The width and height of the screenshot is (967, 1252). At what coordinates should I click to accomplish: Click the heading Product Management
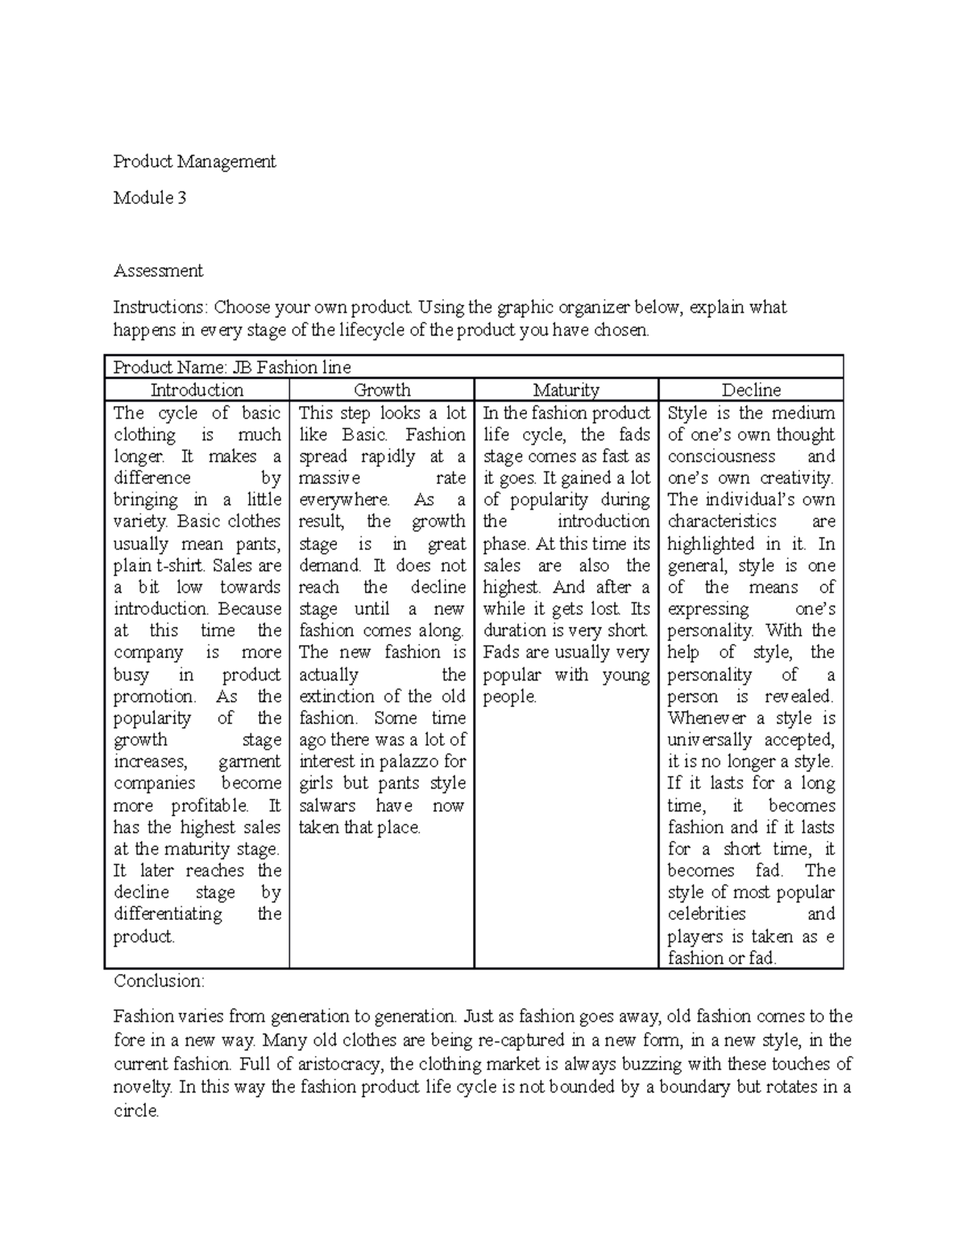pyautogui.click(x=194, y=162)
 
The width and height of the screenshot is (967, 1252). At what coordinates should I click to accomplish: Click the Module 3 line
pyautogui.click(x=150, y=198)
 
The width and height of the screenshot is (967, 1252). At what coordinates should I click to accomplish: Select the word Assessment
pyautogui.click(x=158, y=271)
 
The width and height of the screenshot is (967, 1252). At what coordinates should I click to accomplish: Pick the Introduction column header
pyautogui.click(x=197, y=390)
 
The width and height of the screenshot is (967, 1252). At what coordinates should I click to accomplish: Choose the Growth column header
pyautogui.click(x=382, y=390)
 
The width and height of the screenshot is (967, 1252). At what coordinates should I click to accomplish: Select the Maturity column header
pyautogui.click(x=567, y=390)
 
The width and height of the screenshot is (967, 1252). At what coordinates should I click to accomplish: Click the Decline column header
pyautogui.click(x=751, y=390)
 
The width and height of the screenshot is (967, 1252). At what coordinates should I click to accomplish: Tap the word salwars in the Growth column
pyautogui.click(x=327, y=805)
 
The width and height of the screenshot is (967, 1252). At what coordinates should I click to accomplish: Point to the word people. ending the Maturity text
pyautogui.click(x=509, y=697)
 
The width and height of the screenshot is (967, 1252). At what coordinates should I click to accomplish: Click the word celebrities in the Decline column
pyautogui.click(x=707, y=913)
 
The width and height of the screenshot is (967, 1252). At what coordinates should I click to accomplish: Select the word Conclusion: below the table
pyautogui.click(x=160, y=981)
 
